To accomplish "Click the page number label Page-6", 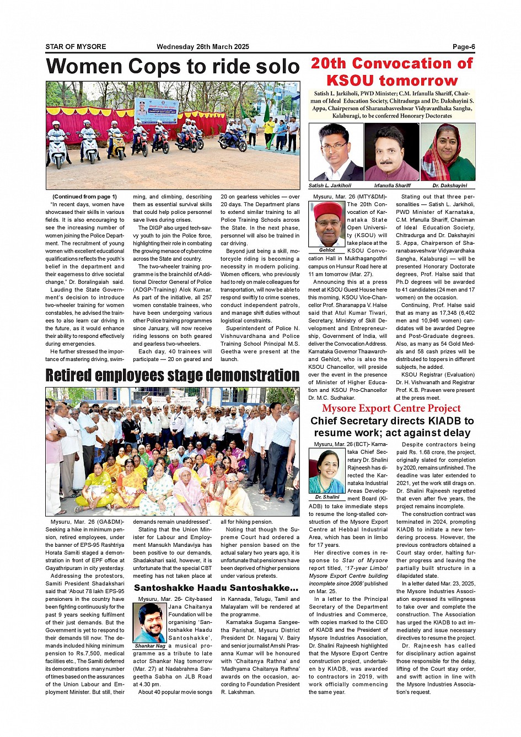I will (x=464, y=47).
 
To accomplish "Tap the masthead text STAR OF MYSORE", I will (x=76, y=47).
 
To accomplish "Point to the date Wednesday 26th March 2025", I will (x=203, y=47).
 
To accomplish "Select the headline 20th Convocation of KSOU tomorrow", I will (x=392, y=72).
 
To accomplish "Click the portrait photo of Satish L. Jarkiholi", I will (x=336, y=152).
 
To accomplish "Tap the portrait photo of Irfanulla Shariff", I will (x=392, y=152).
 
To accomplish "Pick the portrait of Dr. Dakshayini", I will (x=448, y=152).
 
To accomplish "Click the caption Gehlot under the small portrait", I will (x=327, y=250).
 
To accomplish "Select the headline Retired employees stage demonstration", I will (x=173, y=375).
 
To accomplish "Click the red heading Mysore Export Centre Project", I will (x=391, y=408).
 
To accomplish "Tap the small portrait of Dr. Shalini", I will (x=327, y=471).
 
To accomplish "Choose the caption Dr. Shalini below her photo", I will (x=327, y=497).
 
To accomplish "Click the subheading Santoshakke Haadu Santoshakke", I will (x=216, y=588).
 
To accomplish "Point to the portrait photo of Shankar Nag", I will (x=150, y=622).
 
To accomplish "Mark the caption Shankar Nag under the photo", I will (x=150, y=646).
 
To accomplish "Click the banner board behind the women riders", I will (x=157, y=110).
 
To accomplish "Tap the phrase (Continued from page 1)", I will (x=84, y=197).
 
